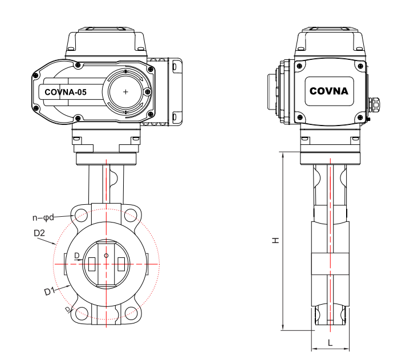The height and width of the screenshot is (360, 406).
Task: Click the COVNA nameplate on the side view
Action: (x=328, y=90)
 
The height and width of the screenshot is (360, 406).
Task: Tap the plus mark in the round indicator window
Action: (x=125, y=91)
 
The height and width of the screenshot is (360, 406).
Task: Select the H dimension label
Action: (x=275, y=241)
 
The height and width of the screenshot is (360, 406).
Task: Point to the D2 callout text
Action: (x=39, y=233)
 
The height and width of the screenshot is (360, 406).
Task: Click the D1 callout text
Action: (x=50, y=291)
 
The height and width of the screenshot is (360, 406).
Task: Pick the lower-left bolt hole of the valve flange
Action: (x=82, y=312)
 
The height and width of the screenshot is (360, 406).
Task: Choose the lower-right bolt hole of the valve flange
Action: (x=132, y=312)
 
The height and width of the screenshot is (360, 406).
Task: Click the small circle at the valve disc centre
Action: (x=107, y=256)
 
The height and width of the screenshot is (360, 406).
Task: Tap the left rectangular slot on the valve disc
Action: (x=92, y=264)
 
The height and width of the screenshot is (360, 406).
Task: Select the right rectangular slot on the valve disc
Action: (x=121, y=264)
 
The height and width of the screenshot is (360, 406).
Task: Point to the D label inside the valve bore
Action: (x=76, y=255)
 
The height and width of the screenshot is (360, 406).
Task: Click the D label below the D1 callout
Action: (x=67, y=309)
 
